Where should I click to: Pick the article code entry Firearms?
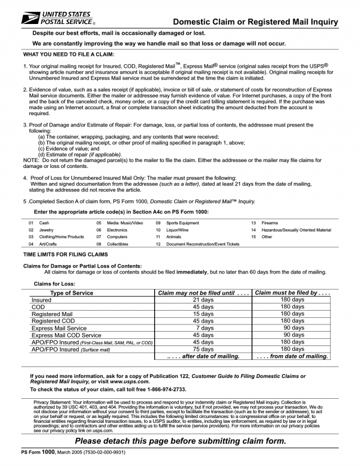click(271, 223)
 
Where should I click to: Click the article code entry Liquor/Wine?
click(179, 230)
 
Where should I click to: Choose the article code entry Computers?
click(118, 237)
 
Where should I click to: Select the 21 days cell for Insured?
click(203, 299)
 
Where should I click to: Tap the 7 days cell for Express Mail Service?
click(203, 328)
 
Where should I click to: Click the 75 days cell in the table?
click(203, 349)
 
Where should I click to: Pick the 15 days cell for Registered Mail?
click(203, 314)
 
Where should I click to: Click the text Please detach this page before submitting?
click(180, 441)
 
